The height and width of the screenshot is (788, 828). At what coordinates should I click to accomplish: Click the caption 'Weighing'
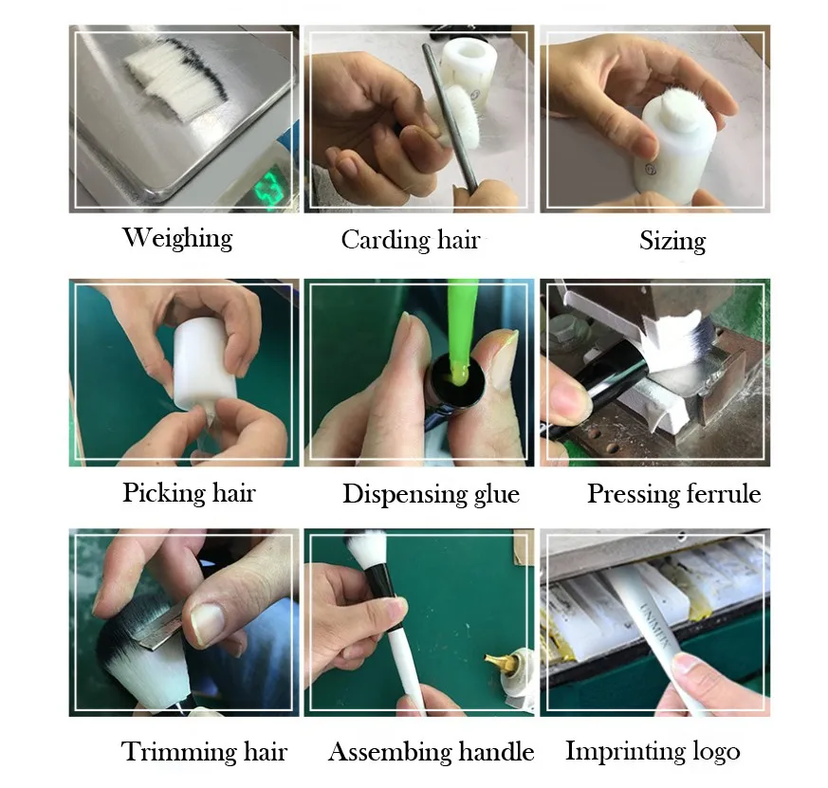coord(177,238)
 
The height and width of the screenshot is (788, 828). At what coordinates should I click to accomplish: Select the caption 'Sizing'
coord(672,241)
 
